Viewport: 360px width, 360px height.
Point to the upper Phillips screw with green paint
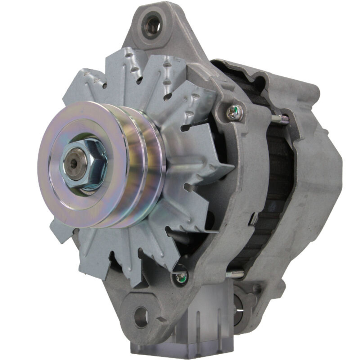pos(234,113)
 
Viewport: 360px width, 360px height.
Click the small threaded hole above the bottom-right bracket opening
pos(257,288)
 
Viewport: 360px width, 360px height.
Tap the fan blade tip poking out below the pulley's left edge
pos(59,230)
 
